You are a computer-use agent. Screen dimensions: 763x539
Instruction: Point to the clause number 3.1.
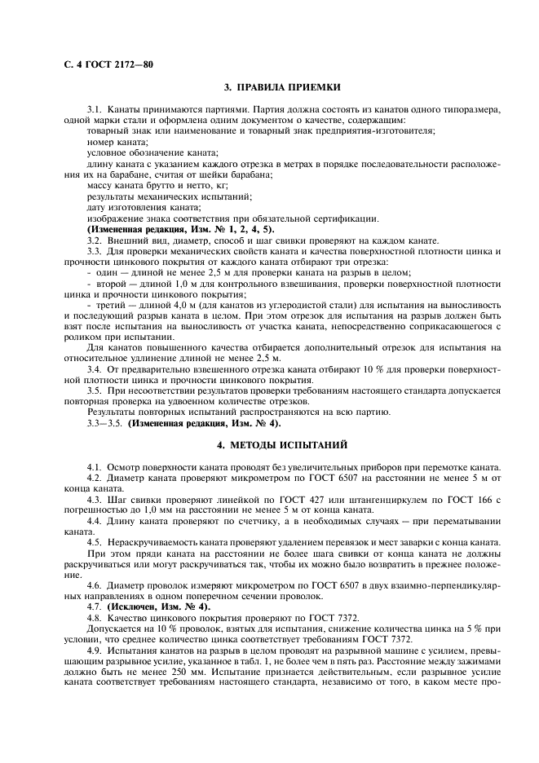click(94, 109)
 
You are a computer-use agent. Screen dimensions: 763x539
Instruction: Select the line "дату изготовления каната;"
click(132, 207)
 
